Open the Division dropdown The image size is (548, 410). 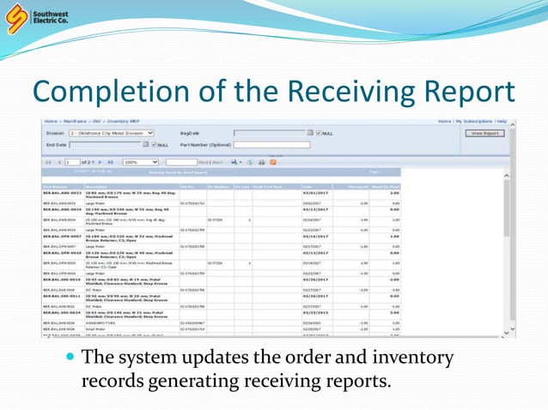click(x=112, y=134)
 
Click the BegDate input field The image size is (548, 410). click(x=270, y=134)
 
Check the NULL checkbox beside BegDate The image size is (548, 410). click(x=319, y=134)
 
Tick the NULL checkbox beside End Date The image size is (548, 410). click(x=154, y=145)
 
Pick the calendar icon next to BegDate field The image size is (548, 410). click(x=310, y=134)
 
